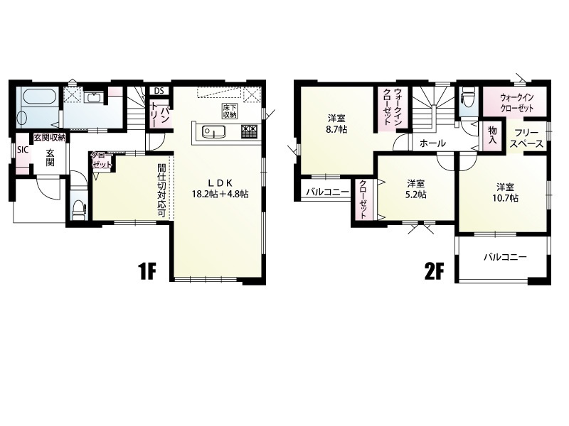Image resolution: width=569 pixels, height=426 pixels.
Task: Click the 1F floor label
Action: pos(147,272)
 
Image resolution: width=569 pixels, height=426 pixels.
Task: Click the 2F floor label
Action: pos(435,272)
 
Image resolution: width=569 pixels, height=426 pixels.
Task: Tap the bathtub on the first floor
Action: pos(38,97)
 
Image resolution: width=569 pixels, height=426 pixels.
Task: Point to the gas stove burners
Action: pos(250,131)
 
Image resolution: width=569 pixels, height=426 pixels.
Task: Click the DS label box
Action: pos(159,91)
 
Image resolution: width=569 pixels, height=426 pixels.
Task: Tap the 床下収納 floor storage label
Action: pos(229,111)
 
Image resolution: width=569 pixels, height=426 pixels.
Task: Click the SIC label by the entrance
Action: pos(23,149)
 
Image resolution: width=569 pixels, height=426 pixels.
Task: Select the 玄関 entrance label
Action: pos(50,158)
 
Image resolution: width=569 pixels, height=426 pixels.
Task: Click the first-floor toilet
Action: pos(79,209)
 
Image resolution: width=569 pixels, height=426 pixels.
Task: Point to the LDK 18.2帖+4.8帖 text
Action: pos(220,188)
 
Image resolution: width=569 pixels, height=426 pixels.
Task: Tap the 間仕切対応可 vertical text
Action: pos(162,191)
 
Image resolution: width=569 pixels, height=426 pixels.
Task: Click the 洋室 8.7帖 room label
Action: pos(336,123)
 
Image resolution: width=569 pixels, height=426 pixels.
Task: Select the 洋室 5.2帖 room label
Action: pos(416,189)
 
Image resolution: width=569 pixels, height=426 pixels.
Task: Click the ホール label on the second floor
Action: pos(432,143)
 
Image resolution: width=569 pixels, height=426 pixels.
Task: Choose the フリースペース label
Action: pos(526,138)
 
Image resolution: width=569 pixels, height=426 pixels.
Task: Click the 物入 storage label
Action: pos(492,135)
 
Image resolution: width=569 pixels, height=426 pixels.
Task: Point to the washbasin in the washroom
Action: pos(95,98)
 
